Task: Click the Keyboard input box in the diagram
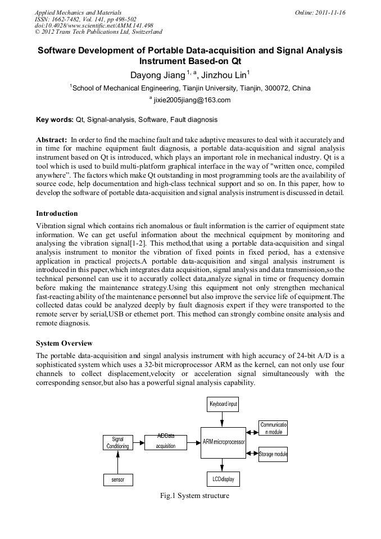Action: point(223,404)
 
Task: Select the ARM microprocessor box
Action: point(224,442)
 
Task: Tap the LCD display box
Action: point(223,479)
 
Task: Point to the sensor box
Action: point(117,479)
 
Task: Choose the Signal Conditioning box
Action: point(117,442)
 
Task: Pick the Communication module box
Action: point(273,428)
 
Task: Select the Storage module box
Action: point(273,454)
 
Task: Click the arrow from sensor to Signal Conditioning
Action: point(117,461)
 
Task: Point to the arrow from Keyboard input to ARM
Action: point(223,419)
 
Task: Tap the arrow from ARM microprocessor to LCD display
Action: point(223,464)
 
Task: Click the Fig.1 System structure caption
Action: point(194,496)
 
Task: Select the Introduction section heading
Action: point(57,213)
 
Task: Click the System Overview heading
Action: point(64,343)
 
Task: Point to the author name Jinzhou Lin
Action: point(229,75)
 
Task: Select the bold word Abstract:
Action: point(52,138)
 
